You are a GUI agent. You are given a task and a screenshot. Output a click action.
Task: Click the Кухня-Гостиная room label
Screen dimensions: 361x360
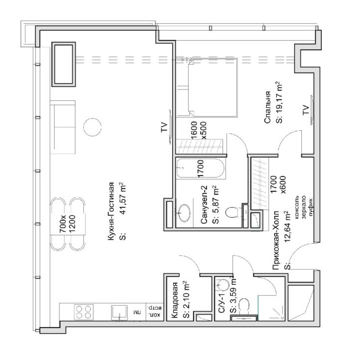coord(111,211)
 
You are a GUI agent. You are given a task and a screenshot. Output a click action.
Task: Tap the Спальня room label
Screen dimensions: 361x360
coord(267,107)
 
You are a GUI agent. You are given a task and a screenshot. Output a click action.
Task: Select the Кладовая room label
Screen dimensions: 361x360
coord(175,300)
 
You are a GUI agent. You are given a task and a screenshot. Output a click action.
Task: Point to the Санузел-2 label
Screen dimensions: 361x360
coord(204,205)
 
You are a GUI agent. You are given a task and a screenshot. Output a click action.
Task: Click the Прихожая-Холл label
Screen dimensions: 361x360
coord(276,240)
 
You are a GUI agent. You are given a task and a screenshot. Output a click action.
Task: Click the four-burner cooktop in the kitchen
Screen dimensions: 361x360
coord(83,312)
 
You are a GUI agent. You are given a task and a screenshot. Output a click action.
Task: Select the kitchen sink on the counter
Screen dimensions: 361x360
coord(119,313)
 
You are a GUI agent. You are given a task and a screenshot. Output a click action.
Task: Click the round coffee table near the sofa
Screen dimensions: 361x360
coord(92,127)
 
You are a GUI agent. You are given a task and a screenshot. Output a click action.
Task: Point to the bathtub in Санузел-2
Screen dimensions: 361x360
coord(200,168)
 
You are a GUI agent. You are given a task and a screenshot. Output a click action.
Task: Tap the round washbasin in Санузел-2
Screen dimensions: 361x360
coord(184,213)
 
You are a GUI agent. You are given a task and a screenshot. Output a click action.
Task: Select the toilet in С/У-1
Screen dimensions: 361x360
coord(244,306)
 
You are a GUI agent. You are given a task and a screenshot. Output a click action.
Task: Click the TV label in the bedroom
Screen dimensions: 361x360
coord(305,110)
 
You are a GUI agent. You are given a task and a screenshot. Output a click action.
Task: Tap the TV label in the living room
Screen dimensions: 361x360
coord(164,127)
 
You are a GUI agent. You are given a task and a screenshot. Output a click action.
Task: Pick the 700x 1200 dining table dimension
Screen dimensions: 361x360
coord(67,224)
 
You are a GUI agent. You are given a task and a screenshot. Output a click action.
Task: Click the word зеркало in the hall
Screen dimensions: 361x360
coord(303,207)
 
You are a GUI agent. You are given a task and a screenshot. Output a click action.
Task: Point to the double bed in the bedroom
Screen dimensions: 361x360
coord(213,88)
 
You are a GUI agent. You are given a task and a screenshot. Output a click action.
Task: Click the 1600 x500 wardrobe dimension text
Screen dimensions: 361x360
coord(199,130)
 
